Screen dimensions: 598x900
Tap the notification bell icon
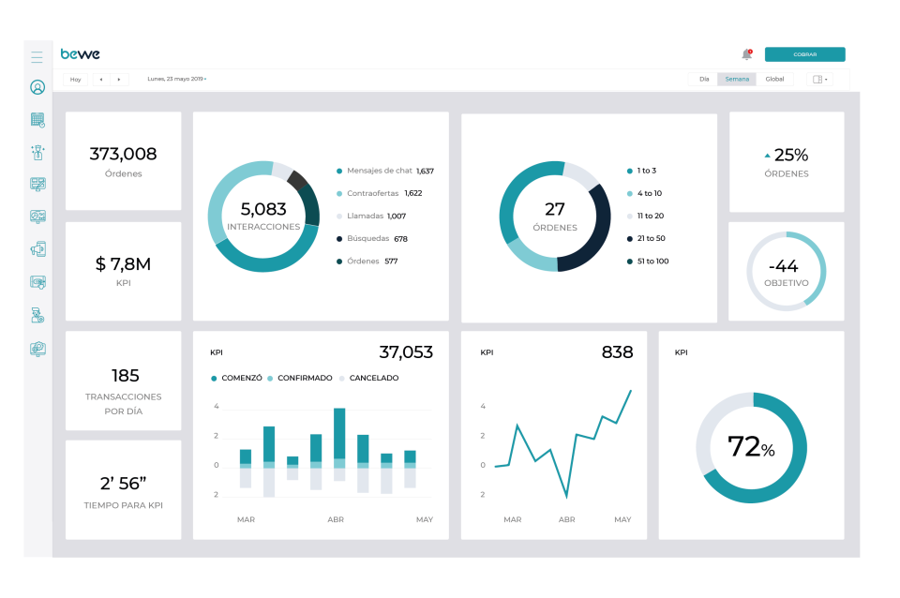click(747, 54)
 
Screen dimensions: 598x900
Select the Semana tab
click(737, 79)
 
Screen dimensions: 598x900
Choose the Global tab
click(774, 79)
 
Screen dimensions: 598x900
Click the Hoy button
click(76, 80)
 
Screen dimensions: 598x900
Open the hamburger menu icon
click(37, 57)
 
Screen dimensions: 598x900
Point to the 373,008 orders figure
click(123, 154)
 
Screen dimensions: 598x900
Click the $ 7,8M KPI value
click(123, 264)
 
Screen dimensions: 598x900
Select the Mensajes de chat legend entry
click(380, 171)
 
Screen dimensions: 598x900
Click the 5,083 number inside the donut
click(263, 209)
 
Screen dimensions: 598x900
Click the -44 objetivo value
click(786, 265)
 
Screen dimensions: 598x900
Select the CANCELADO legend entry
click(373, 378)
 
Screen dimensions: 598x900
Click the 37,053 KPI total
click(406, 352)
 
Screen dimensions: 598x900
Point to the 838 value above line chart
click(617, 352)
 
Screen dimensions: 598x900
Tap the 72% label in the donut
click(751, 447)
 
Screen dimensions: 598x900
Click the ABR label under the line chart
click(566, 518)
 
